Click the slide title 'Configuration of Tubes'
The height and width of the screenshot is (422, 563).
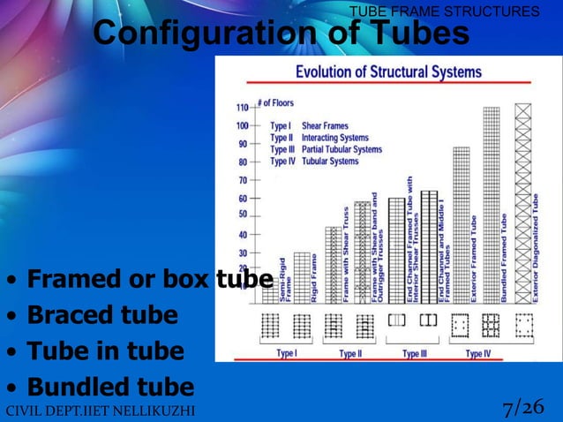(281, 34)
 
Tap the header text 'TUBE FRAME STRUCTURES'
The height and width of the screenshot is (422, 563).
(444, 11)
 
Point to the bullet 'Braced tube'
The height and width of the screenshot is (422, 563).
(102, 315)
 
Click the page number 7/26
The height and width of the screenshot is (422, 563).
(522, 408)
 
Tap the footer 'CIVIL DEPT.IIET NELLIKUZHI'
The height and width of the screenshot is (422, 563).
(99, 411)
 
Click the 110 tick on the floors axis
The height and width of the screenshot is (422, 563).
(241, 107)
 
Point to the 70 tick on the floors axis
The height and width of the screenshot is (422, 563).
(243, 180)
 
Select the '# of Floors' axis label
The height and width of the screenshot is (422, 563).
(275, 103)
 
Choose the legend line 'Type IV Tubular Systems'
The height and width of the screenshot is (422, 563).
(315, 162)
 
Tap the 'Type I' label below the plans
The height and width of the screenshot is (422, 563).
(286, 354)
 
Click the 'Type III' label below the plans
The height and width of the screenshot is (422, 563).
(415, 354)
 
